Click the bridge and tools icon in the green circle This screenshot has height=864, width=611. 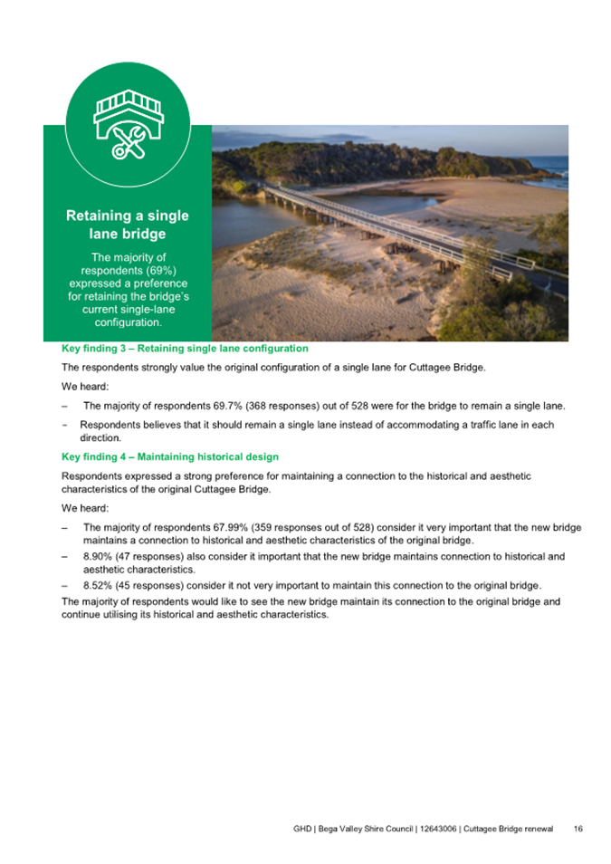[x=128, y=126]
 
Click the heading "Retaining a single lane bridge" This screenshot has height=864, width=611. [x=128, y=225]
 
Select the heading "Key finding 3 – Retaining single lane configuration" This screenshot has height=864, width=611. [x=185, y=348]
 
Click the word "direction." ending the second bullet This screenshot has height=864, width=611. [x=100, y=437]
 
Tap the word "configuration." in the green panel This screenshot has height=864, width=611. [x=128, y=322]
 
